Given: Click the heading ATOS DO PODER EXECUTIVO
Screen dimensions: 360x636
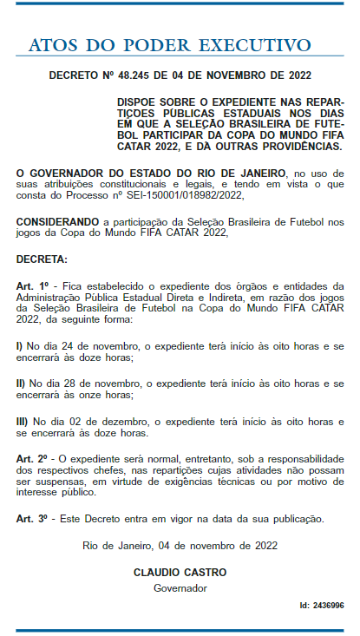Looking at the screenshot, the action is click(169, 44).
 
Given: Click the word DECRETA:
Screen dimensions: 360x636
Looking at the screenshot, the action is click(41, 259).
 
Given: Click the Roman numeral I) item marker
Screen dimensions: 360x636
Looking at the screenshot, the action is click(21, 345).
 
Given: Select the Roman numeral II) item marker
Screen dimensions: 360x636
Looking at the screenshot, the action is click(22, 383).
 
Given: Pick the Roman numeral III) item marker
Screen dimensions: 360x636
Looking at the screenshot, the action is click(23, 421).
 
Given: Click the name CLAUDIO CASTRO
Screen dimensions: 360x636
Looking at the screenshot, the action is click(180, 573).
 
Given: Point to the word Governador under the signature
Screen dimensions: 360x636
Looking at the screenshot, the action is click(180, 587).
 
